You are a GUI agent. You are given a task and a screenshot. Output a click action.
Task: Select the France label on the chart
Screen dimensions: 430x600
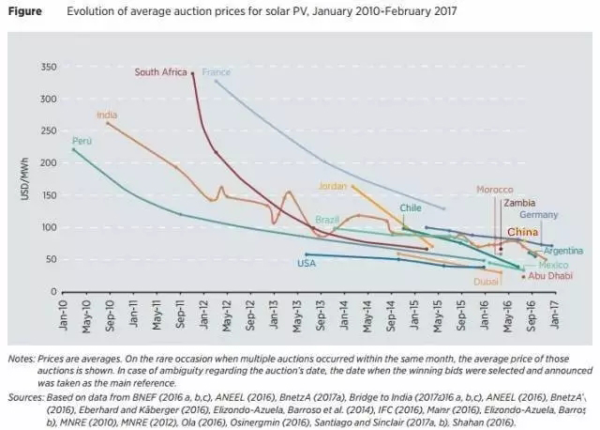click(x=216, y=72)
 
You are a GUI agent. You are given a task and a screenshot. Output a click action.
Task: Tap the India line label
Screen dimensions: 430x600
click(x=106, y=115)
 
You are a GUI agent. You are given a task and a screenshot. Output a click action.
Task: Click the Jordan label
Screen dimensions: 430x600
click(x=333, y=185)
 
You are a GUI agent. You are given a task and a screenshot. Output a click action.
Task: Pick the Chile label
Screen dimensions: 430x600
click(x=411, y=207)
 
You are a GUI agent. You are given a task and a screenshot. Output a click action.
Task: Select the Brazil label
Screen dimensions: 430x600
click(x=327, y=219)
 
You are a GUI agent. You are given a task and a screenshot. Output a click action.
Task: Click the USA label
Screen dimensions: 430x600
click(x=307, y=263)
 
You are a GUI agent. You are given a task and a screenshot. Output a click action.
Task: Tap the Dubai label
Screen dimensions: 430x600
click(x=486, y=281)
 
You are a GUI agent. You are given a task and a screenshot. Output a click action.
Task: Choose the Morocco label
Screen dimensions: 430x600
click(x=495, y=189)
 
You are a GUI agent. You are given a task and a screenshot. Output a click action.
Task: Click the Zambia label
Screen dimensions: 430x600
click(x=519, y=202)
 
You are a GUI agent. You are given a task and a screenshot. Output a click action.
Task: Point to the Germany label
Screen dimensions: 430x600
click(x=538, y=215)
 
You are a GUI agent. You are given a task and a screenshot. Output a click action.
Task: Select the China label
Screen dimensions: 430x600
click(x=522, y=231)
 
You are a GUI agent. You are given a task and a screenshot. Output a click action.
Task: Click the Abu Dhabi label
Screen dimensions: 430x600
click(x=550, y=276)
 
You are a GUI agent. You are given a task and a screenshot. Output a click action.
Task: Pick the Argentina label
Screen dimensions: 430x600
click(x=562, y=251)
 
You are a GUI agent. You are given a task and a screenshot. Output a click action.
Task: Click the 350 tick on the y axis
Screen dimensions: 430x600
click(x=51, y=67)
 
